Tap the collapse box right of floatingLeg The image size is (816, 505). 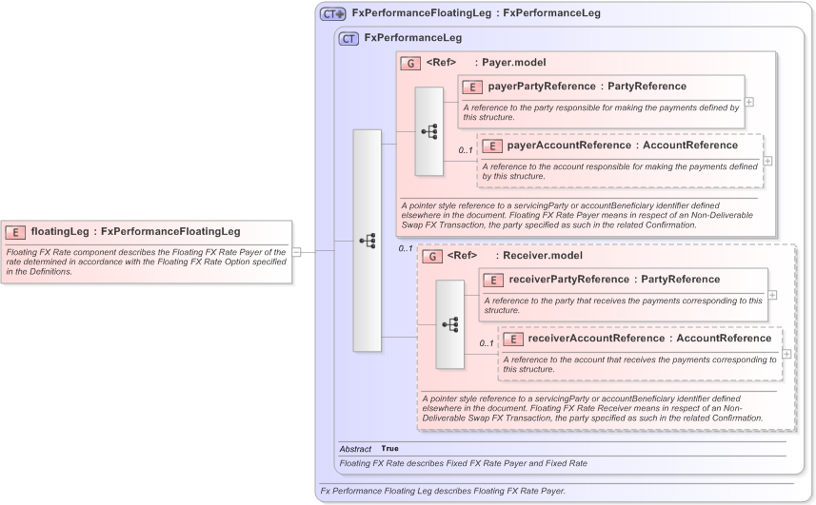296,252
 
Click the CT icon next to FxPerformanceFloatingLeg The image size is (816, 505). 332,13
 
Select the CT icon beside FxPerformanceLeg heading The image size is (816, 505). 348,38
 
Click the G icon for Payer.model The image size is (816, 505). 410,63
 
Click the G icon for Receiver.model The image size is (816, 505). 431,256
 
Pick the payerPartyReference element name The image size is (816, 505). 541,87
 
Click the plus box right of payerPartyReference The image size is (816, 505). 749,102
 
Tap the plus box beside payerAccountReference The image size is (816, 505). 768,161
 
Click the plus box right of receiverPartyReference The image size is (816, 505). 772,295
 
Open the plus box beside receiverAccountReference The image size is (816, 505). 786,354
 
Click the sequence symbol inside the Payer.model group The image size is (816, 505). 429,131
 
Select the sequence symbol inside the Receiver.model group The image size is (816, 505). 450,324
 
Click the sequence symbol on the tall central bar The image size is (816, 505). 367,241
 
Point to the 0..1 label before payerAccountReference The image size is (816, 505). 465,150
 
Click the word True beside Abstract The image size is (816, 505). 390,448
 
